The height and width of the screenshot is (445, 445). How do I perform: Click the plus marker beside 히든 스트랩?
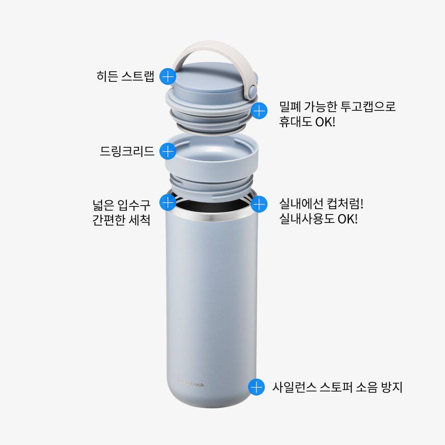[168, 76]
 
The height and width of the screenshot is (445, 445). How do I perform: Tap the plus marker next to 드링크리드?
[168, 151]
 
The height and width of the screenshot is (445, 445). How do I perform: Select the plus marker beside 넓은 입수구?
[168, 202]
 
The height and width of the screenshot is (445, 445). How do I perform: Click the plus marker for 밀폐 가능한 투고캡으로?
[259, 111]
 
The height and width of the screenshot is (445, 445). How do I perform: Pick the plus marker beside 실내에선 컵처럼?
[259, 204]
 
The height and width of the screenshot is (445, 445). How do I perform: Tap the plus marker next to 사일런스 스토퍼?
[256, 387]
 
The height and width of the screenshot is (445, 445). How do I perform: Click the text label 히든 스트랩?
[125, 76]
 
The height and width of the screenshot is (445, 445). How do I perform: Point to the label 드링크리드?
[127, 151]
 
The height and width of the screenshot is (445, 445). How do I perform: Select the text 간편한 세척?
[121, 220]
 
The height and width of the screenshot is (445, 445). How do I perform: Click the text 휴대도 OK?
[307, 122]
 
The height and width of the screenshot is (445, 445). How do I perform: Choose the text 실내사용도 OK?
[319, 219]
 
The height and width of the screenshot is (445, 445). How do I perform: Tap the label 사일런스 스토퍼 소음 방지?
[337, 387]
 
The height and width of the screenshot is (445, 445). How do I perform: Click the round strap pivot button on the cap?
[252, 90]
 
